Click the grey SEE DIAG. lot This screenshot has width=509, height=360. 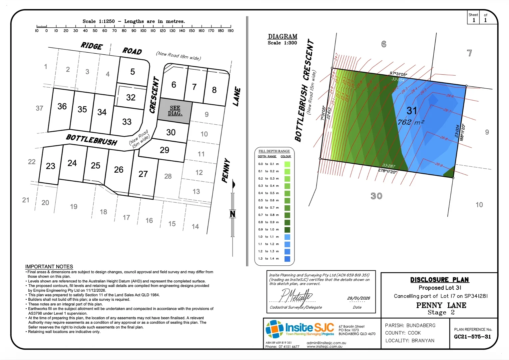[175, 111]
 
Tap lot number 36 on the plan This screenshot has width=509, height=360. [62, 106]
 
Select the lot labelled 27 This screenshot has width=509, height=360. [143, 174]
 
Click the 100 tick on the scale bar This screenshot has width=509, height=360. [143, 26]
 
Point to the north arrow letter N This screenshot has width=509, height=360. [233, 214]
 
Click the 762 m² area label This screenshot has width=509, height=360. [410, 122]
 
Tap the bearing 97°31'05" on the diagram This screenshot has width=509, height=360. [398, 74]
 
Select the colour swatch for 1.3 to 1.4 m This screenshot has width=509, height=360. [287, 259]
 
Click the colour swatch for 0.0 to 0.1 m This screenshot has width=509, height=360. [287, 164]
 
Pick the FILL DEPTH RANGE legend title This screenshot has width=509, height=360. [274, 151]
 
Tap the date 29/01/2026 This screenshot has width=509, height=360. [358, 298]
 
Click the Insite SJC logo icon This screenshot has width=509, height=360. [274, 329]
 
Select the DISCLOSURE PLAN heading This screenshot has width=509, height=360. [439, 280]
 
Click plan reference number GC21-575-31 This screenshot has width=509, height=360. [472, 337]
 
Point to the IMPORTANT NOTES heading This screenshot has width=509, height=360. [49, 267]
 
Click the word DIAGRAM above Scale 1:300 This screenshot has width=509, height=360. [282, 36]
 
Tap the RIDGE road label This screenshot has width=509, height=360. [92, 46]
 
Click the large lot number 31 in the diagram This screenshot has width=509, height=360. [412, 111]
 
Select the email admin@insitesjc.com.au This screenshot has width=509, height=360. [326, 343]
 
